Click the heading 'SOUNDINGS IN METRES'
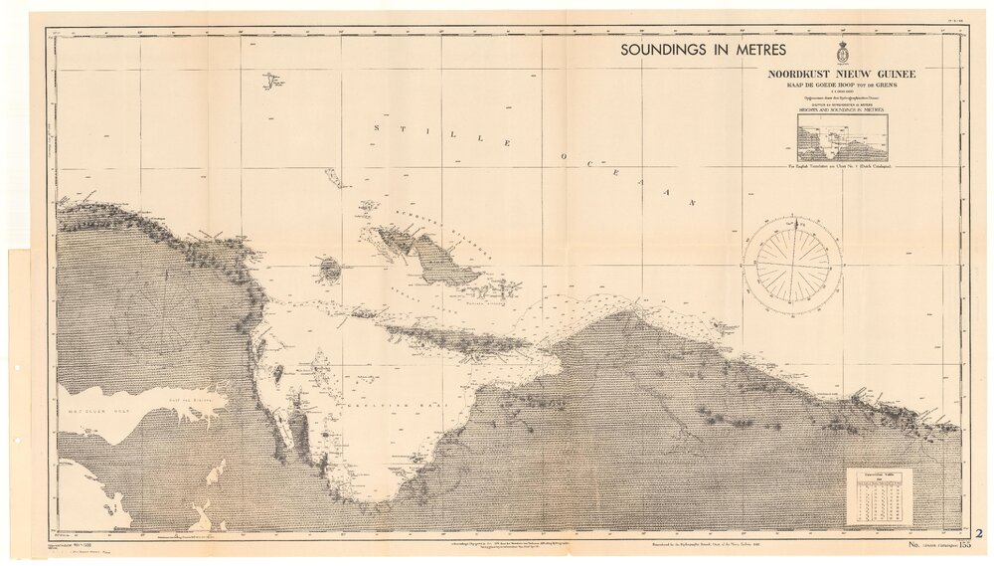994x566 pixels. tap(703, 50)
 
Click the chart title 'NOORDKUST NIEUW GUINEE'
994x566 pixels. tap(842, 74)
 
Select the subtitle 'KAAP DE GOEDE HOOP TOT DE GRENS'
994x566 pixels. tap(842, 86)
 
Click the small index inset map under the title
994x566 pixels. tap(842, 137)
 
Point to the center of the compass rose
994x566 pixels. tap(792, 266)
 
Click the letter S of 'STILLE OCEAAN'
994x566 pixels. tap(377, 127)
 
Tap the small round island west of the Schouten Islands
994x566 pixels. tap(329, 269)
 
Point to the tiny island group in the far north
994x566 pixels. tap(269, 80)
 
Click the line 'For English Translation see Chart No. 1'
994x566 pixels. tap(842, 167)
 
